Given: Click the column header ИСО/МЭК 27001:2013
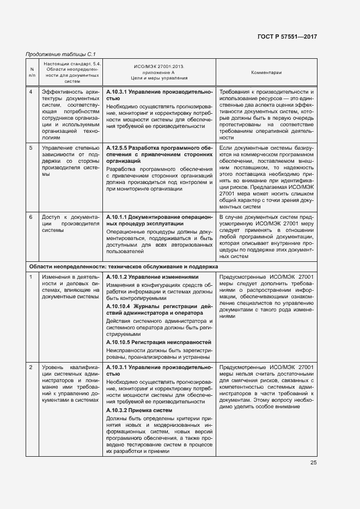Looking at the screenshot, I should click(159, 66).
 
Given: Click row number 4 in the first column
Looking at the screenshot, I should click(32, 92).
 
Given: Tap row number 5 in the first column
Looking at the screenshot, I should click(32, 148).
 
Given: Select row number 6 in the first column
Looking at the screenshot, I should click(32, 217).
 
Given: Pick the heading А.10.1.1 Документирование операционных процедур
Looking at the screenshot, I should click(159, 220).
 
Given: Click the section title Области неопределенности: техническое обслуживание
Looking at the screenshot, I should click(123, 267).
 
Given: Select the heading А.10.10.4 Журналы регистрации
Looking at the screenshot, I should click(159, 310).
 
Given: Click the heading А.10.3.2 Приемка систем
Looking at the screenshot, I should click(139, 410).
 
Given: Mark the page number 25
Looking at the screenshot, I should click(313, 463).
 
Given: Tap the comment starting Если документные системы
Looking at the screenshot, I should click(266, 177).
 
